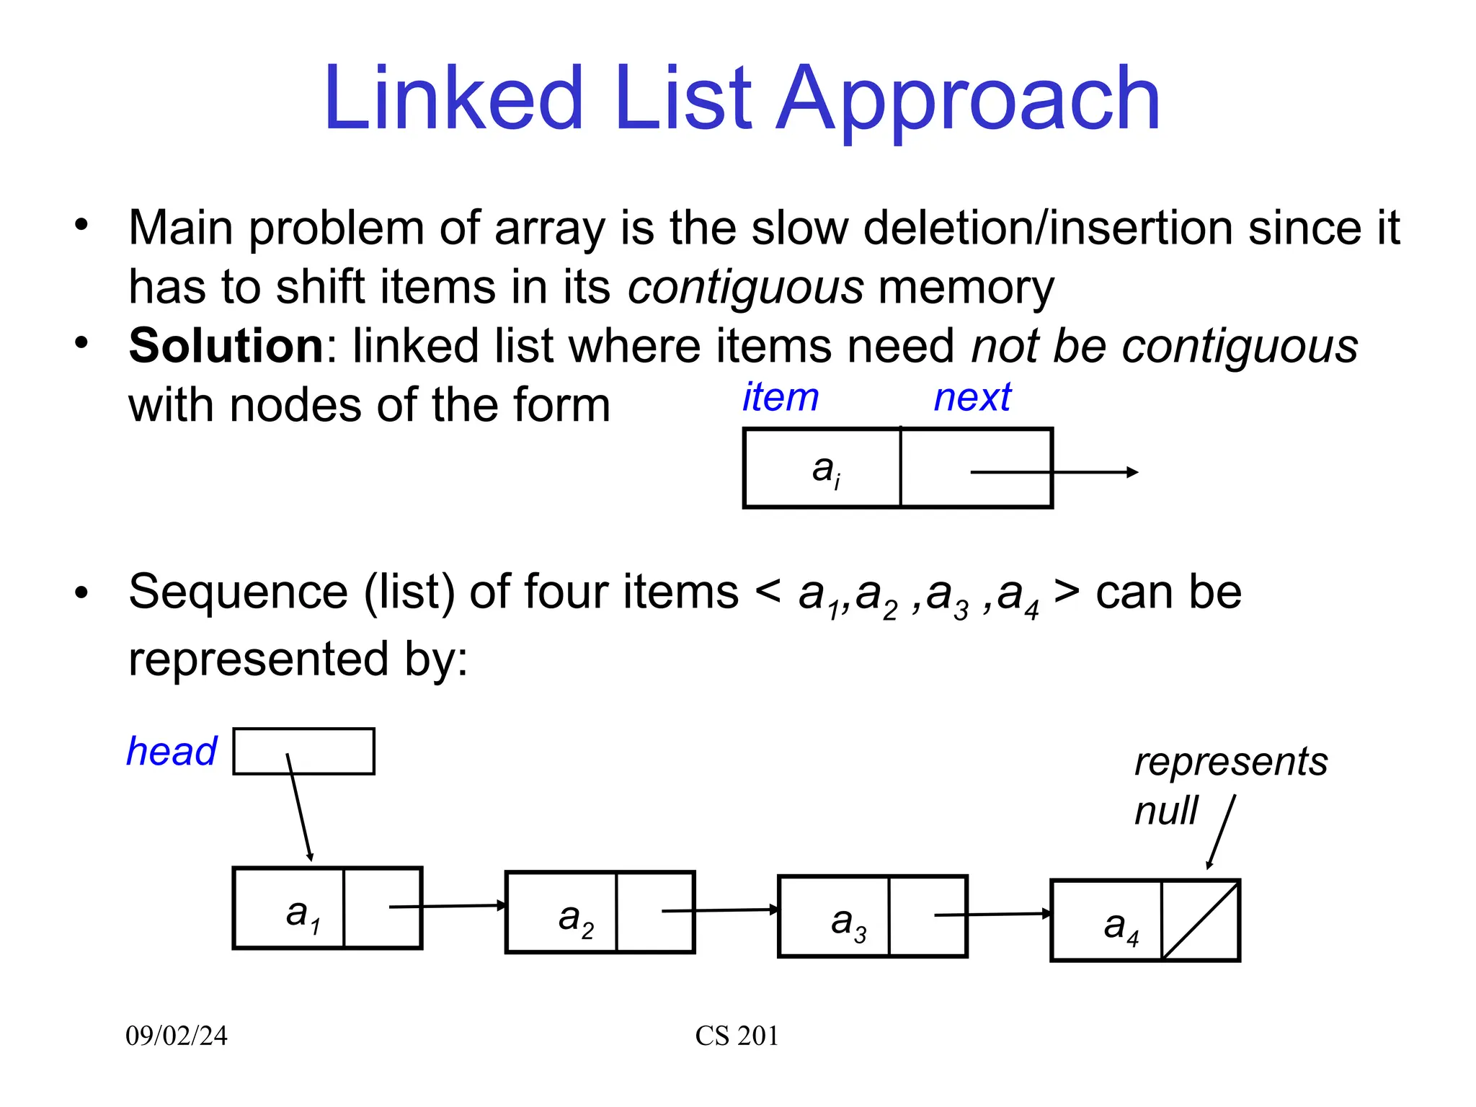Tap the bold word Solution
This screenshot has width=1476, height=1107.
[x=226, y=346]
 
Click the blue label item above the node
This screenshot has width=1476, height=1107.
[x=781, y=397]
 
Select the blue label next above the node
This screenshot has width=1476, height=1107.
[x=972, y=397]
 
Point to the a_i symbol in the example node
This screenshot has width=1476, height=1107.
[x=825, y=470]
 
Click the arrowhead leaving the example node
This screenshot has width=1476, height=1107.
[x=1132, y=472]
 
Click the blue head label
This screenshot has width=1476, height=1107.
[x=172, y=751]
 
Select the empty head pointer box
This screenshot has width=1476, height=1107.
[x=303, y=751]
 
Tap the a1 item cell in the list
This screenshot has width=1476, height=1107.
[x=289, y=908]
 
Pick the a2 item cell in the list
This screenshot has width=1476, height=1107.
[x=561, y=912]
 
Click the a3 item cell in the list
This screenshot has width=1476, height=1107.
[x=835, y=917]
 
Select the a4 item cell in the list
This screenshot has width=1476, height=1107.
[x=1107, y=921]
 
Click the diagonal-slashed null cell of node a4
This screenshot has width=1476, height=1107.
[x=1200, y=921]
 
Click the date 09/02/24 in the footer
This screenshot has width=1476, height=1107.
[x=177, y=1036]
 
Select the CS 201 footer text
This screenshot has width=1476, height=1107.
[x=737, y=1036]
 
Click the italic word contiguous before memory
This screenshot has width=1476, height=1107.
[x=745, y=287]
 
